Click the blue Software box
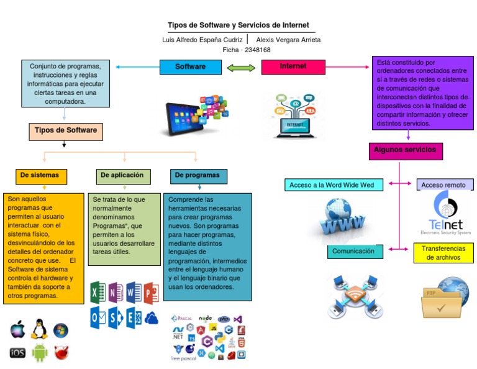coord(191,66)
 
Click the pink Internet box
coord(293,66)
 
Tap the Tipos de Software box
coord(65,131)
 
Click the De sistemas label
coord(41,176)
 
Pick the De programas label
coord(199,176)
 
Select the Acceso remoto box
coord(444,184)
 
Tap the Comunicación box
coord(355,252)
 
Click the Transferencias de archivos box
coord(443,253)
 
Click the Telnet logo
coord(445,212)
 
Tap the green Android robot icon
coord(40,352)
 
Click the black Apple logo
coord(18,330)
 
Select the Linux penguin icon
coord(40,329)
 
